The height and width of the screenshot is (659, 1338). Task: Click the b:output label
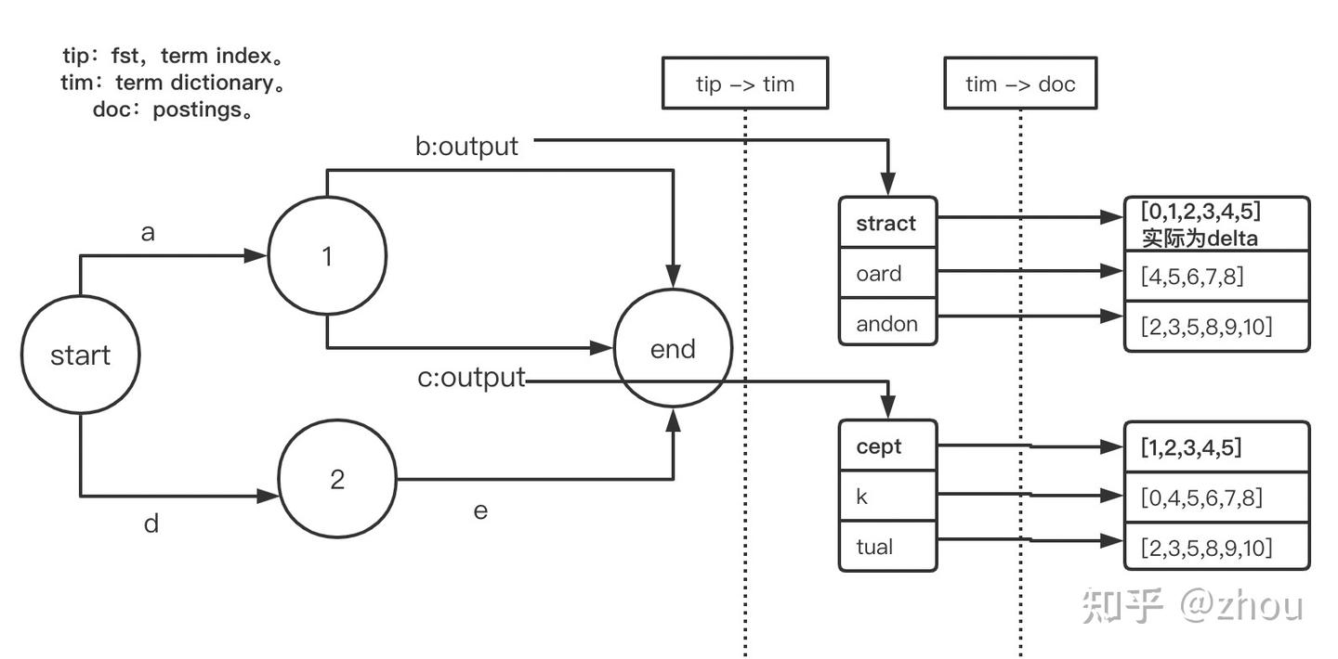(x=466, y=147)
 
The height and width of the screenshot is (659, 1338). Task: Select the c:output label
(x=471, y=377)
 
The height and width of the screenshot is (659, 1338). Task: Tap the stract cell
(x=887, y=222)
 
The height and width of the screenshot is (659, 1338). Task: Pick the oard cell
(x=887, y=273)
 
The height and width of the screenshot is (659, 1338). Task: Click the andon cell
(x=887, y=322)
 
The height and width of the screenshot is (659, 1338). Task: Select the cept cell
(x=887, y=446)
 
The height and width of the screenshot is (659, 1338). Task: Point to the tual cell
(x=887, y=546)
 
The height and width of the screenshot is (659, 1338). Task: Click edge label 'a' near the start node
(x=148, y=233)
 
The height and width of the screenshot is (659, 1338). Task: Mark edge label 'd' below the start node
(x=151, y=523)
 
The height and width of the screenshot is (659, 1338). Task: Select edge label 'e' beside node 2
(x=480, y=511)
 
